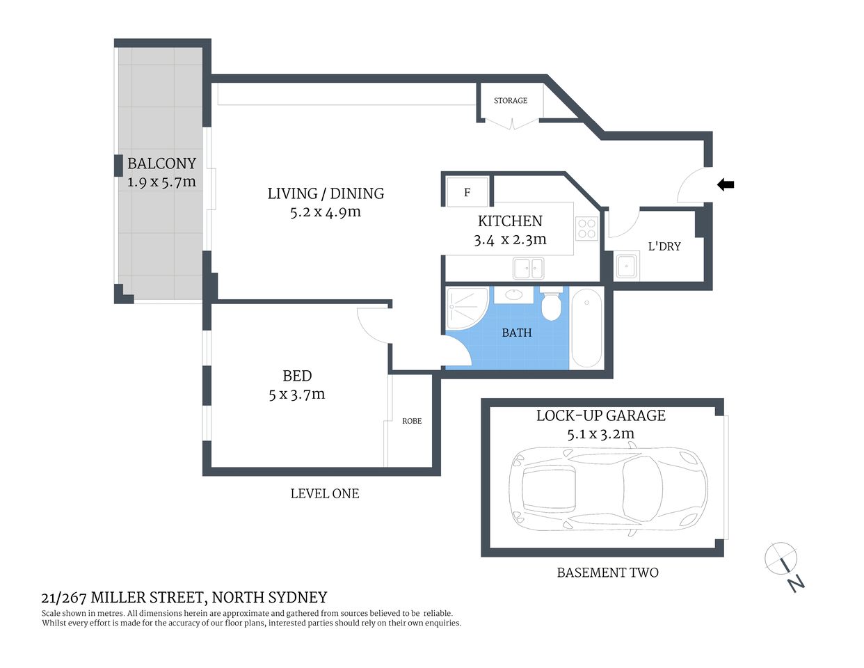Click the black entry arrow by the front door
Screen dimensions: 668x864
(x=726, y=184)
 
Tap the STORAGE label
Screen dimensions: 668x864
(x=510, y=101)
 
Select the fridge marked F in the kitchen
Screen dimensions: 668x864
(x=467, y=192)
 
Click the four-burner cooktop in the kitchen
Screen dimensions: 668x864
(x=586, y=228)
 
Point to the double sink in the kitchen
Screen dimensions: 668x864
(x=529, y=267)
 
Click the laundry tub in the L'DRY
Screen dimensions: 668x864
(x=627, y=266)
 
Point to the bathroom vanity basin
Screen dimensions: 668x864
(x=513, y=295)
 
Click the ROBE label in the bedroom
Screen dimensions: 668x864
(x=412, y=421)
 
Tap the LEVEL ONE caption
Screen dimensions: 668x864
(x=325, y=493)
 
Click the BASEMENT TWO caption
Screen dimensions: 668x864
(x=607, y=573)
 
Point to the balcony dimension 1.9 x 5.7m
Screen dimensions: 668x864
(x=161, y=182)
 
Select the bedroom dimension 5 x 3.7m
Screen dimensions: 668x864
(x=297, y=395)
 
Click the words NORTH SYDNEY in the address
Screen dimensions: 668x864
(x=269, y=597)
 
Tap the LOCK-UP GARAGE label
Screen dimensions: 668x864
(x=601, y=415)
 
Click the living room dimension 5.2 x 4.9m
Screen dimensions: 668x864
(x=326, y=212)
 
